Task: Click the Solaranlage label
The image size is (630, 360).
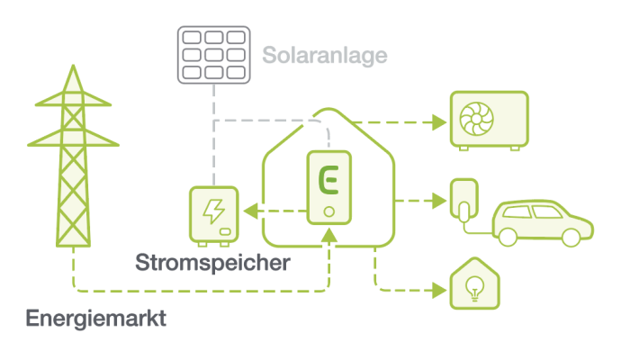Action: point(325,55)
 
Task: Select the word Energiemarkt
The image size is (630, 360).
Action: point(96,319)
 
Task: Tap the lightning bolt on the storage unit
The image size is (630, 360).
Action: point(213,211)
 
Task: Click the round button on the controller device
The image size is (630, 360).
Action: point(329,212)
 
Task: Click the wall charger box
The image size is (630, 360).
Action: point(463,201)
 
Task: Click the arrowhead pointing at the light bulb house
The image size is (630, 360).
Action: point(439,290)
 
